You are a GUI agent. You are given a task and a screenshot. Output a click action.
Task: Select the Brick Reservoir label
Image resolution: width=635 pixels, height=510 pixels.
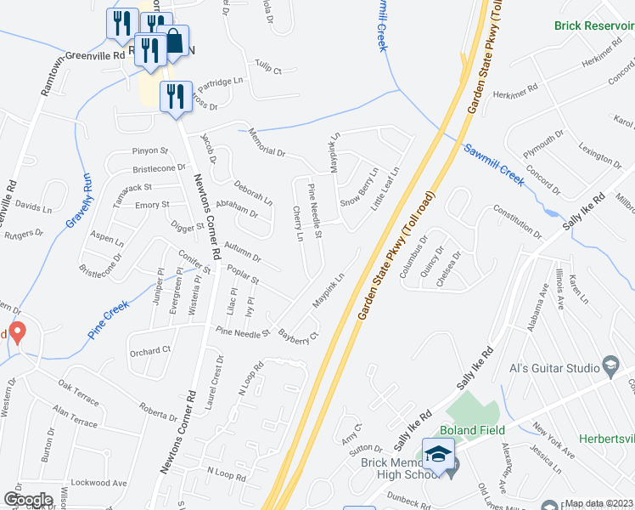click(593, 26)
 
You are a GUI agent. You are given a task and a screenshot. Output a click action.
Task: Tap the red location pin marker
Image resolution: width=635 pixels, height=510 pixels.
click(16, 331)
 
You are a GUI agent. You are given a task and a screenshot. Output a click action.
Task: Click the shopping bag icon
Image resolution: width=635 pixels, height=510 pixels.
click(175, 41)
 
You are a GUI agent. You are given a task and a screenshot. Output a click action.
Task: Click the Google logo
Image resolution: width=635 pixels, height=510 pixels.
click(28, 500)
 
